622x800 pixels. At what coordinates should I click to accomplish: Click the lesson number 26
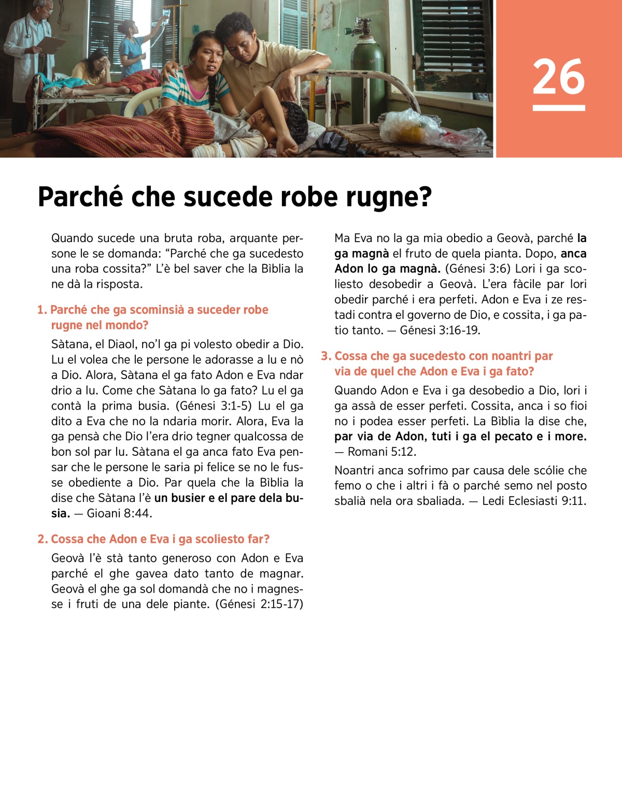point(558,77)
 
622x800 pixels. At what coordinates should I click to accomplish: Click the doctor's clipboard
point(51,44)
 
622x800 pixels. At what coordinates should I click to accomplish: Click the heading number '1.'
point(42,310)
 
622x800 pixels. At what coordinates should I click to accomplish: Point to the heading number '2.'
point(43,539)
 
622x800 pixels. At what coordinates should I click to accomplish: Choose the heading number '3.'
point(326,356)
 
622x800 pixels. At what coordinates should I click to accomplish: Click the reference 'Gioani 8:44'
point(119,513)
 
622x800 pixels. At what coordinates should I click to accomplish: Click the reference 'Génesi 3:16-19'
point(440,330)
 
